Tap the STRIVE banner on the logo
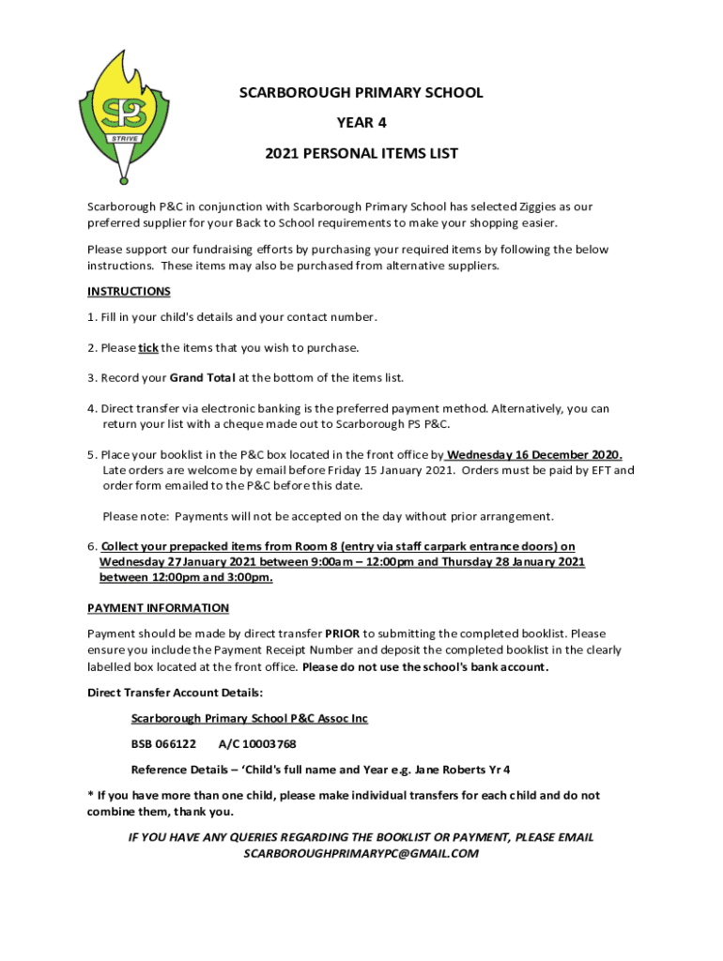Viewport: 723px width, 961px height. (x=125, y=138)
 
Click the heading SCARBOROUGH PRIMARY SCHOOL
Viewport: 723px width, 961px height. (x=361, y=93)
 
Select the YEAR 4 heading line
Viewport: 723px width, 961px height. (x=361, y=122)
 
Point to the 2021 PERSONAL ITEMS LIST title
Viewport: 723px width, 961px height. (x=361, y=153)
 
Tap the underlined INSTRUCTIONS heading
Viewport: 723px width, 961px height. (x=129, y=292)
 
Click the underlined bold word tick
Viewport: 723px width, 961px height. (x=148, y=348)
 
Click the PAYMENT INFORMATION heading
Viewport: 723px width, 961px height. (x=158, y=608)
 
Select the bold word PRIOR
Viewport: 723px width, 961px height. (x=343, y=633)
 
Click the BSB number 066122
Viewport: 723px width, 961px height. (x=175, y=744)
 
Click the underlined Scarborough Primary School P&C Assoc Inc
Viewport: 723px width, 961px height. (x=250, y=719)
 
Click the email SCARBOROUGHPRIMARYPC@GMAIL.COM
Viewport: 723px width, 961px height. (x=361, y=853)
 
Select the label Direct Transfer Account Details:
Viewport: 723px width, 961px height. (x=176, y=693)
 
